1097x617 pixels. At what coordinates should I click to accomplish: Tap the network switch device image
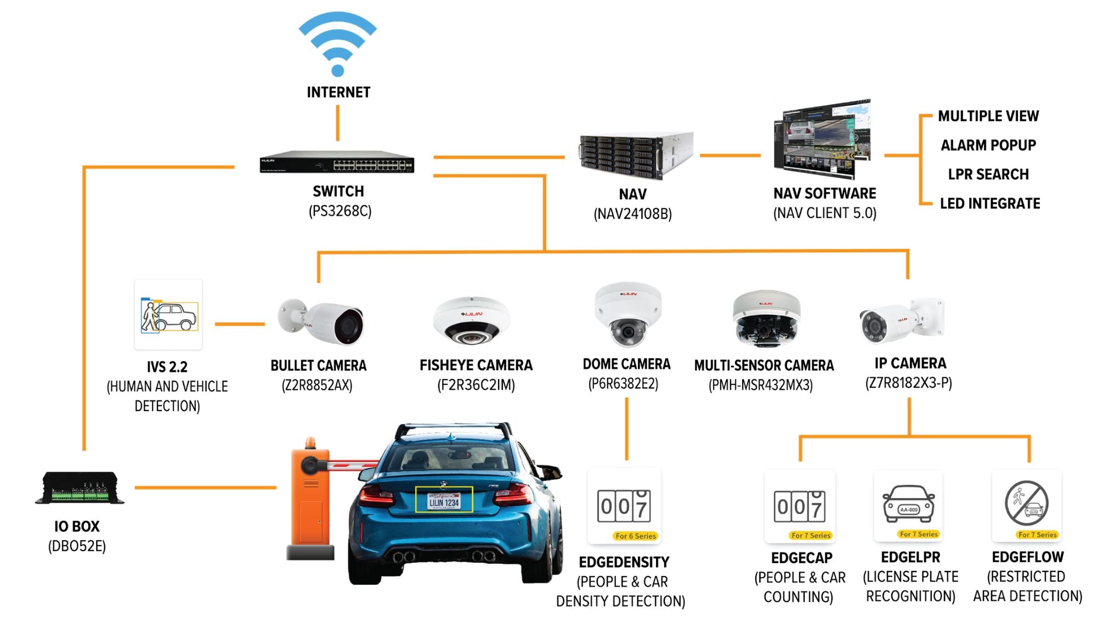pyautogui.click(x=337, y=162)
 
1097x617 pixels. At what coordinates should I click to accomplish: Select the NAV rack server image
pyautogui.click(x=636, y=156)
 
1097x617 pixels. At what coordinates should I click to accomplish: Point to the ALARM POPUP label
pyautogui.click(x=988, y=145)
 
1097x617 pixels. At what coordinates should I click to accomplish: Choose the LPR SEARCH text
pyautogui.click(x=988, y=174)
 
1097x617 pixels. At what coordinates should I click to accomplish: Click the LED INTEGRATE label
pyautogui.click(x=990, y=203)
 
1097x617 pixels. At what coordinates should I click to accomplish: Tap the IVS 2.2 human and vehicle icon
pyautogui.click(x=168, y=315)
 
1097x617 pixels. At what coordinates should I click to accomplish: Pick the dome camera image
pyautogui.click(x=628, y=315)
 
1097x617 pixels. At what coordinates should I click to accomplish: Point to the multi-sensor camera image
pyautogui.click(x=766, y=319)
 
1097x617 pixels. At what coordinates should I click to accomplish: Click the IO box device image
pyautogui.click(x=80, y=488)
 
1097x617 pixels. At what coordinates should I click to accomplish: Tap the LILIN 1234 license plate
pyautogui.click(x=444, y=501)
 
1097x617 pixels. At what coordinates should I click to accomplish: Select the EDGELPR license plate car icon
pyautogui.click(x=908, y=504)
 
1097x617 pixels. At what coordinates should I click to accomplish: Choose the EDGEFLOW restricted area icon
pyautogui.click(x=1027, y=503)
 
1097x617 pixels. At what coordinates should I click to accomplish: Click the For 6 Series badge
pyautogui.click(x=636, y=536)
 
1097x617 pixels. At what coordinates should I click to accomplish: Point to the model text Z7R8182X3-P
pyautogui.click(x=908, y=383)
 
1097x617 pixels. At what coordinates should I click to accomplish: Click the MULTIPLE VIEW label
pyautogui.click(x=988, y=116)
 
